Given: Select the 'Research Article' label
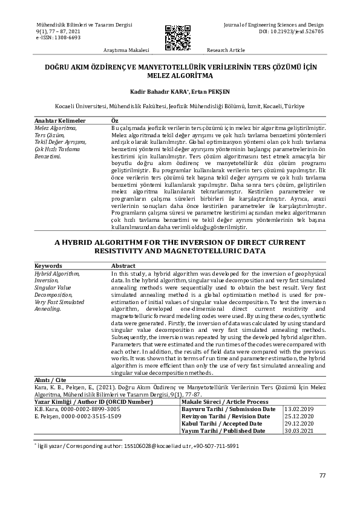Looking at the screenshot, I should coord(226,50).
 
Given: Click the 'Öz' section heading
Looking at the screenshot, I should coord(115,121).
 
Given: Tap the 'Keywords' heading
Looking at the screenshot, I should coord(48,265).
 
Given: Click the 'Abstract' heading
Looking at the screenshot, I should coord(123,265).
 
